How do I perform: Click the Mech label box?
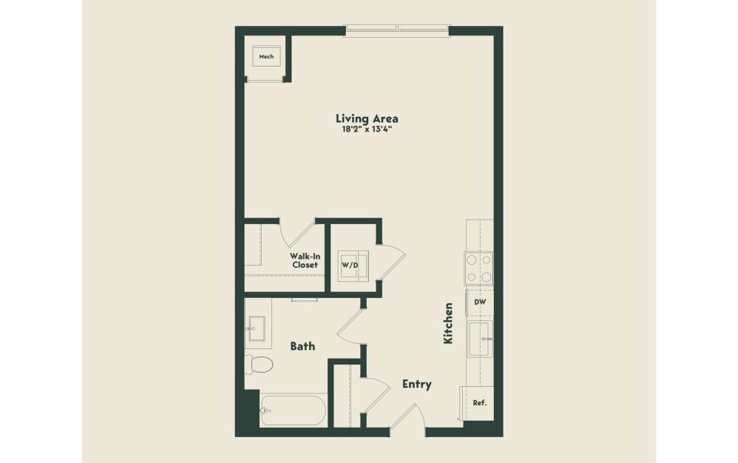(266, 57)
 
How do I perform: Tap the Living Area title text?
(367, 118)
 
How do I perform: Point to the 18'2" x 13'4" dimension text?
(367, 129)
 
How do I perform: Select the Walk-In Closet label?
(304, 260)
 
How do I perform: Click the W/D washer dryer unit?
(350, 264)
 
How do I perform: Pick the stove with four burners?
(478, 268)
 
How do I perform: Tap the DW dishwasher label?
(479, 302)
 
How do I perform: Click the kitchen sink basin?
(479, 339)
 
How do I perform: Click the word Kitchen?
(447, 322)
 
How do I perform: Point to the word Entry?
(416, 385)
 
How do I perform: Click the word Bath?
(302, 346)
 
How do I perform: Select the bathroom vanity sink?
(257, 327)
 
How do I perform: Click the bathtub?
(294, 410)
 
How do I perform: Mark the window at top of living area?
(397, 30)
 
